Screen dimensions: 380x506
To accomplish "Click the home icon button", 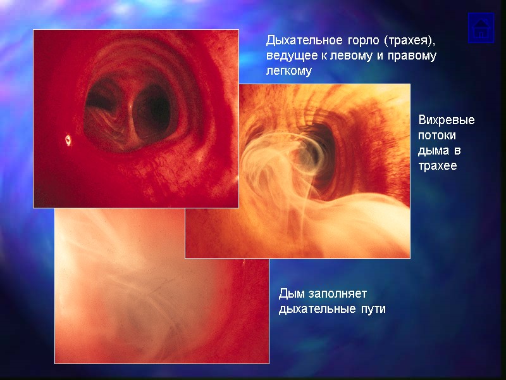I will pyautogui.click(x=481, y=28).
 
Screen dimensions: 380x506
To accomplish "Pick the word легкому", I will pyautogui.click(x=289, y=72).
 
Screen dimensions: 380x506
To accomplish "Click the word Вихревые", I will pyautogui.click(x=447, y=120).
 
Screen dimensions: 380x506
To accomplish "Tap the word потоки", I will pyautogui.click(x=437, y=136).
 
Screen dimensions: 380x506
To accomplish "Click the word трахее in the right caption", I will pyautogui.click(x=438, y=166).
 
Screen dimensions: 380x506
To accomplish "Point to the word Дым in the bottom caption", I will pyautogui.click(x=292, y=294).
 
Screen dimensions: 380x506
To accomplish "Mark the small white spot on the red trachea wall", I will pyautogui.click(x=68, y=139).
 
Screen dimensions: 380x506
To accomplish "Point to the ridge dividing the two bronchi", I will pyautogui.click(x=130, y=108).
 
